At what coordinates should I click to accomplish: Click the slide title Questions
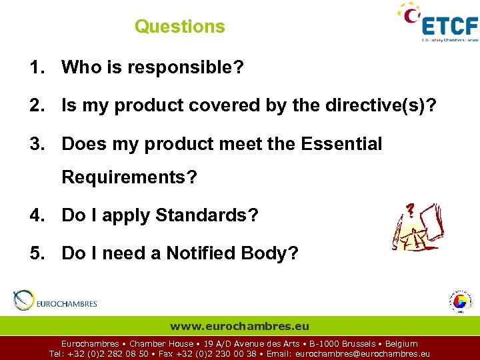(180, 27)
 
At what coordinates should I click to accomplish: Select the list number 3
(35, 143)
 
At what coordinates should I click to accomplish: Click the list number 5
(35, 253)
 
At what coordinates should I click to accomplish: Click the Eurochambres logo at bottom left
(56, 301)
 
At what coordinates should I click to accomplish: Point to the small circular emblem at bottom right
(459, 301)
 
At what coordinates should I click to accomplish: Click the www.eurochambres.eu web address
(240, 326)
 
